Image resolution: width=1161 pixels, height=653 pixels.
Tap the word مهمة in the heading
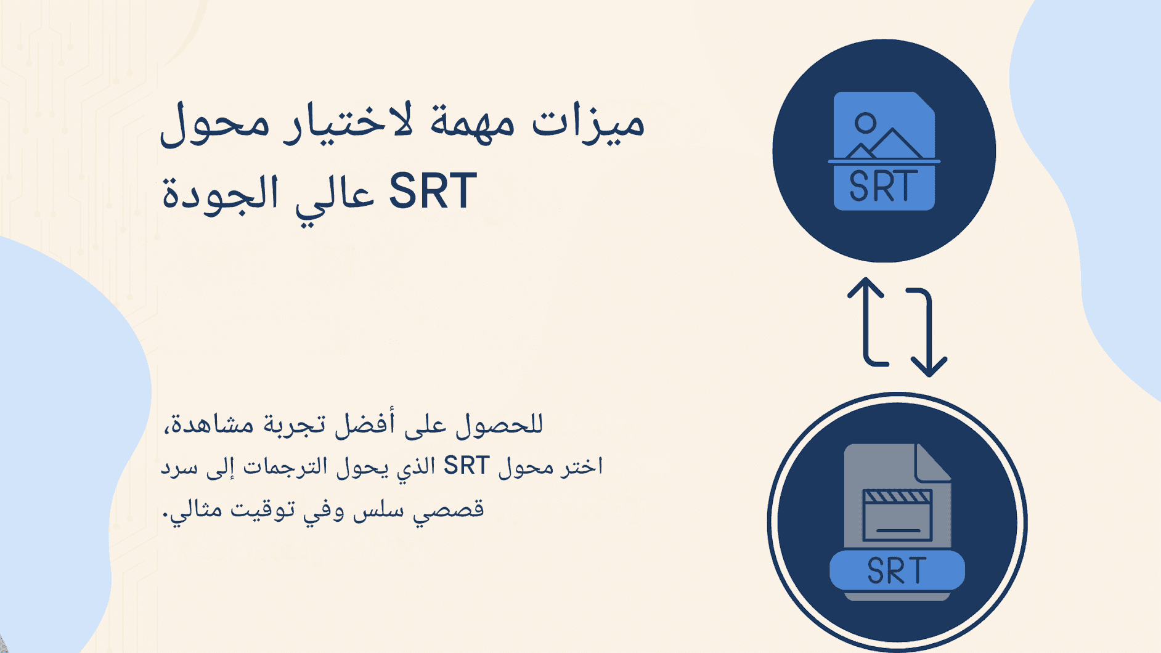pos(472,122)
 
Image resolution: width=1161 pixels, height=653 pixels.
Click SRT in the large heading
pos(433,192)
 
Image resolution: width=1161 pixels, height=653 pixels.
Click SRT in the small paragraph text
pos(466,466)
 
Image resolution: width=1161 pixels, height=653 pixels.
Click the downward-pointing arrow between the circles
pos(927,333)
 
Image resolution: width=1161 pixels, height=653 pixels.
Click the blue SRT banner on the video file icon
pos(897,570)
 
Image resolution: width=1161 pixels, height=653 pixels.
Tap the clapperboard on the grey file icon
pos(897,515)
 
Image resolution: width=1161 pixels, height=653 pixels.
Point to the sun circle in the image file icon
pos(866,123)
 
